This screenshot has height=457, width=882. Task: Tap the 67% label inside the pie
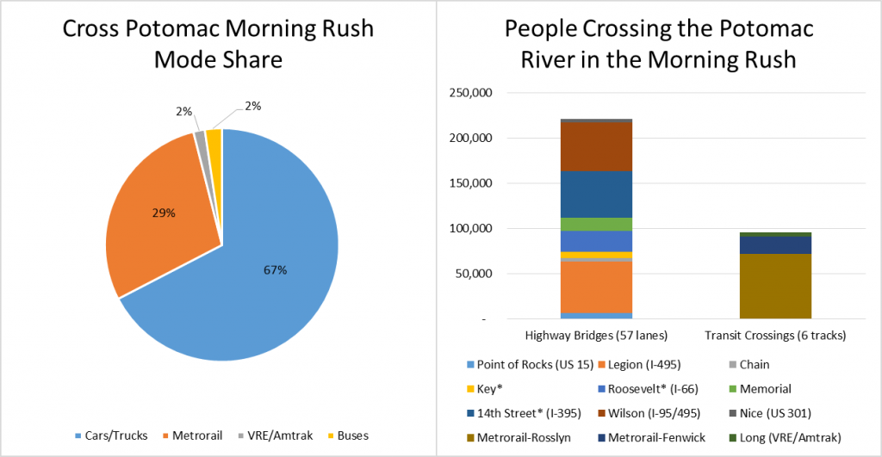tap(275, 270)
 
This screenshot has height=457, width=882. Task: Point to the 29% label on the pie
tap(164, 212)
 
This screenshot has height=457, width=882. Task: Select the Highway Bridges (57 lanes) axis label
tap(595, 334)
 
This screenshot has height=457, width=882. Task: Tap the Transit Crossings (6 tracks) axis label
tap(774, 334)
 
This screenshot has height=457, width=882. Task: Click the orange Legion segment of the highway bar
tap(596, 287)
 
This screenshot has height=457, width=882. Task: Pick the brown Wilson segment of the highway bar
tap(596, 146)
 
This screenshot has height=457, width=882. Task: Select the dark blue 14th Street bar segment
tap(596, 194)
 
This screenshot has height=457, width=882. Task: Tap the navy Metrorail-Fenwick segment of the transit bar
tap(775, 245)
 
